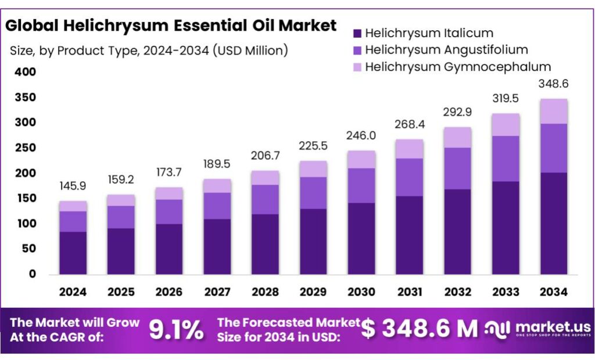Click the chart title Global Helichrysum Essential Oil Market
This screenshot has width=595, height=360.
point(171,26)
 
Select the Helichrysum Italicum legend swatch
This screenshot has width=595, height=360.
point(357,34)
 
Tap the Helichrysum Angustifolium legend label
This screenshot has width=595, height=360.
point(446,50)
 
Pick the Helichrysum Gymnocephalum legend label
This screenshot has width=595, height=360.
point(458,67)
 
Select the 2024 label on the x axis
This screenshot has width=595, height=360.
point(73,291)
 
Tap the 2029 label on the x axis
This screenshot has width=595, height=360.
point(313,291)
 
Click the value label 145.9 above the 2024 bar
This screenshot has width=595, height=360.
point(73,188)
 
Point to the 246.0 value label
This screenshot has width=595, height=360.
point(361,135)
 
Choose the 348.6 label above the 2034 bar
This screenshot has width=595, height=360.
point(553,84)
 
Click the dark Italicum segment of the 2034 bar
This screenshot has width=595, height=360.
point(553,224)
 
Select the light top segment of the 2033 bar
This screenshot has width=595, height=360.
point(505,125)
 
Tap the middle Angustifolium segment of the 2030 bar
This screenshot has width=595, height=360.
point(361,185)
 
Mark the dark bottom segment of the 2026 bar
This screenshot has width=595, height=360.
point(169,249)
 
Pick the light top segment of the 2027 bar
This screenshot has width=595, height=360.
point(217,186)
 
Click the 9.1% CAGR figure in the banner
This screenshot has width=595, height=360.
point(177,330)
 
